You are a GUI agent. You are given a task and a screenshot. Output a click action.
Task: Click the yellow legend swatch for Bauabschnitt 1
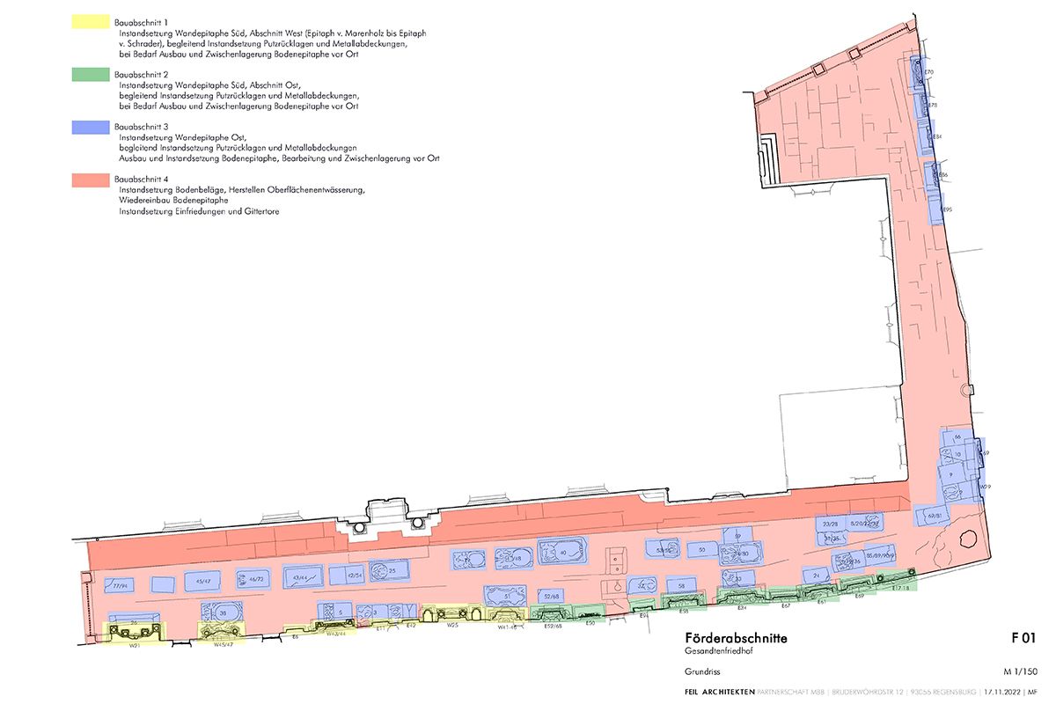91,22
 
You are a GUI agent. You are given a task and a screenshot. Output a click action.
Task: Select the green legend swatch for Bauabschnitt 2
91,76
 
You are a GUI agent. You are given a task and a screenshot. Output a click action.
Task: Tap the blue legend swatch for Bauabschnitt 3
91,128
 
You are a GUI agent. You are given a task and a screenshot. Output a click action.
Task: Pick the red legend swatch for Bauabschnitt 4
91,180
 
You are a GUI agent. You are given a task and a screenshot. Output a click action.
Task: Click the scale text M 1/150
1025,670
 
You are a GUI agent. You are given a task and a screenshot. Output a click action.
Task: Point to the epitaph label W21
136,645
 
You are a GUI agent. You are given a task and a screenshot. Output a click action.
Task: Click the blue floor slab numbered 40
562,553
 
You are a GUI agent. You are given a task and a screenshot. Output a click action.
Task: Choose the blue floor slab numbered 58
681,584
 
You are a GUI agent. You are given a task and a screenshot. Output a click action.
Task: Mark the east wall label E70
928,71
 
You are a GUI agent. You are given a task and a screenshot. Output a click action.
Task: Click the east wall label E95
946,209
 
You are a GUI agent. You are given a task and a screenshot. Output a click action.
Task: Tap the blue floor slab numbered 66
957,437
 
